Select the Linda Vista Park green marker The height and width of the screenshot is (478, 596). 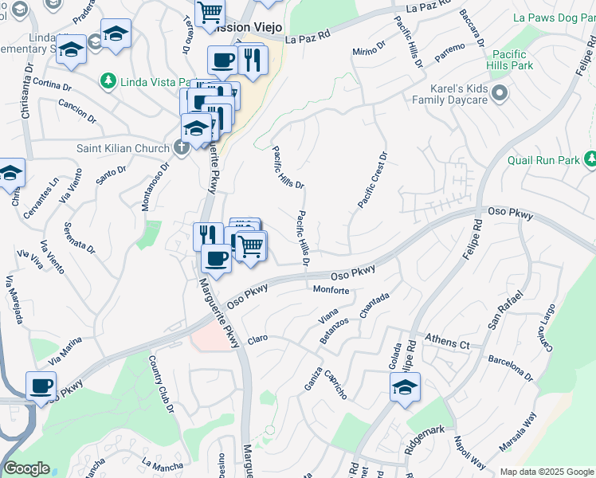(x=108, y=80)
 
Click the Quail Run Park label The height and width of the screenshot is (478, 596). (x=546, y=160)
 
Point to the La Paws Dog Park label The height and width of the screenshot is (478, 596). (x=553, y=17)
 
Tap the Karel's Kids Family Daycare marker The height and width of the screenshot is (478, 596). (x=500, y=94)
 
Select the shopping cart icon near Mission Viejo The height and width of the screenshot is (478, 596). (x=210, y=12)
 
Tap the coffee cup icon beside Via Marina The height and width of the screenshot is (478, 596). (x=41, y=386)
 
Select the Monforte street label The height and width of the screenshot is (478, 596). (x=331, y=290)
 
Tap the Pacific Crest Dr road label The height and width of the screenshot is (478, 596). (x=372, y=181)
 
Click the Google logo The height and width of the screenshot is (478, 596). (x=25, y=468)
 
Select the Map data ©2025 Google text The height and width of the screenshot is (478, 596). (x=547, y=472)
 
